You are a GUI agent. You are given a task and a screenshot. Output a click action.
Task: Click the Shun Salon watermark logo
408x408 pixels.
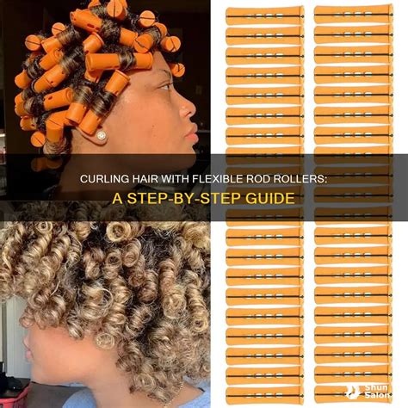(x=368, y=392)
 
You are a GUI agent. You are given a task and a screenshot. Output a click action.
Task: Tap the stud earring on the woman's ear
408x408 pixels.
(x=102, y=135)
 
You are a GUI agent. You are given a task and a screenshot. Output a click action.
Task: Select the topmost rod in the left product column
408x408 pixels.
(x=264, y=15)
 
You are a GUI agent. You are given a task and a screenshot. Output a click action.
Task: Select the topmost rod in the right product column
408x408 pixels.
(x=354, y=14)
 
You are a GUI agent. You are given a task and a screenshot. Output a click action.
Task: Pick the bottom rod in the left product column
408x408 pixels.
(x=264, y=396)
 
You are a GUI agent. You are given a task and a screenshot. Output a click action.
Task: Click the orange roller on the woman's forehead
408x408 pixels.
(x=119, y=61)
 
